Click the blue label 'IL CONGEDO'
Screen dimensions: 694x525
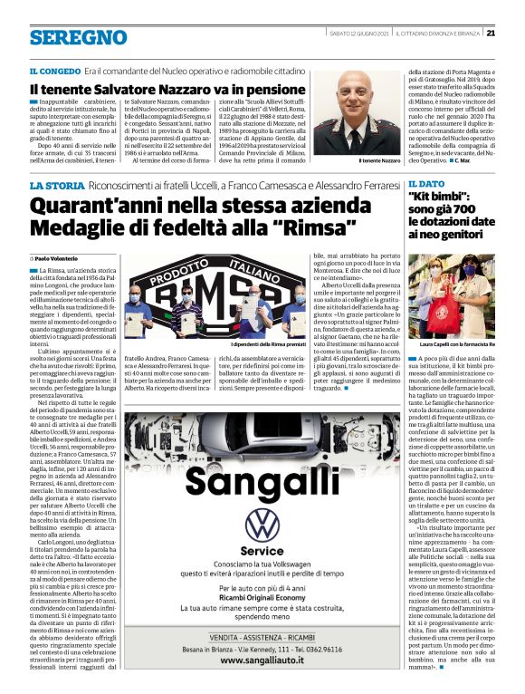(53, 71)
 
